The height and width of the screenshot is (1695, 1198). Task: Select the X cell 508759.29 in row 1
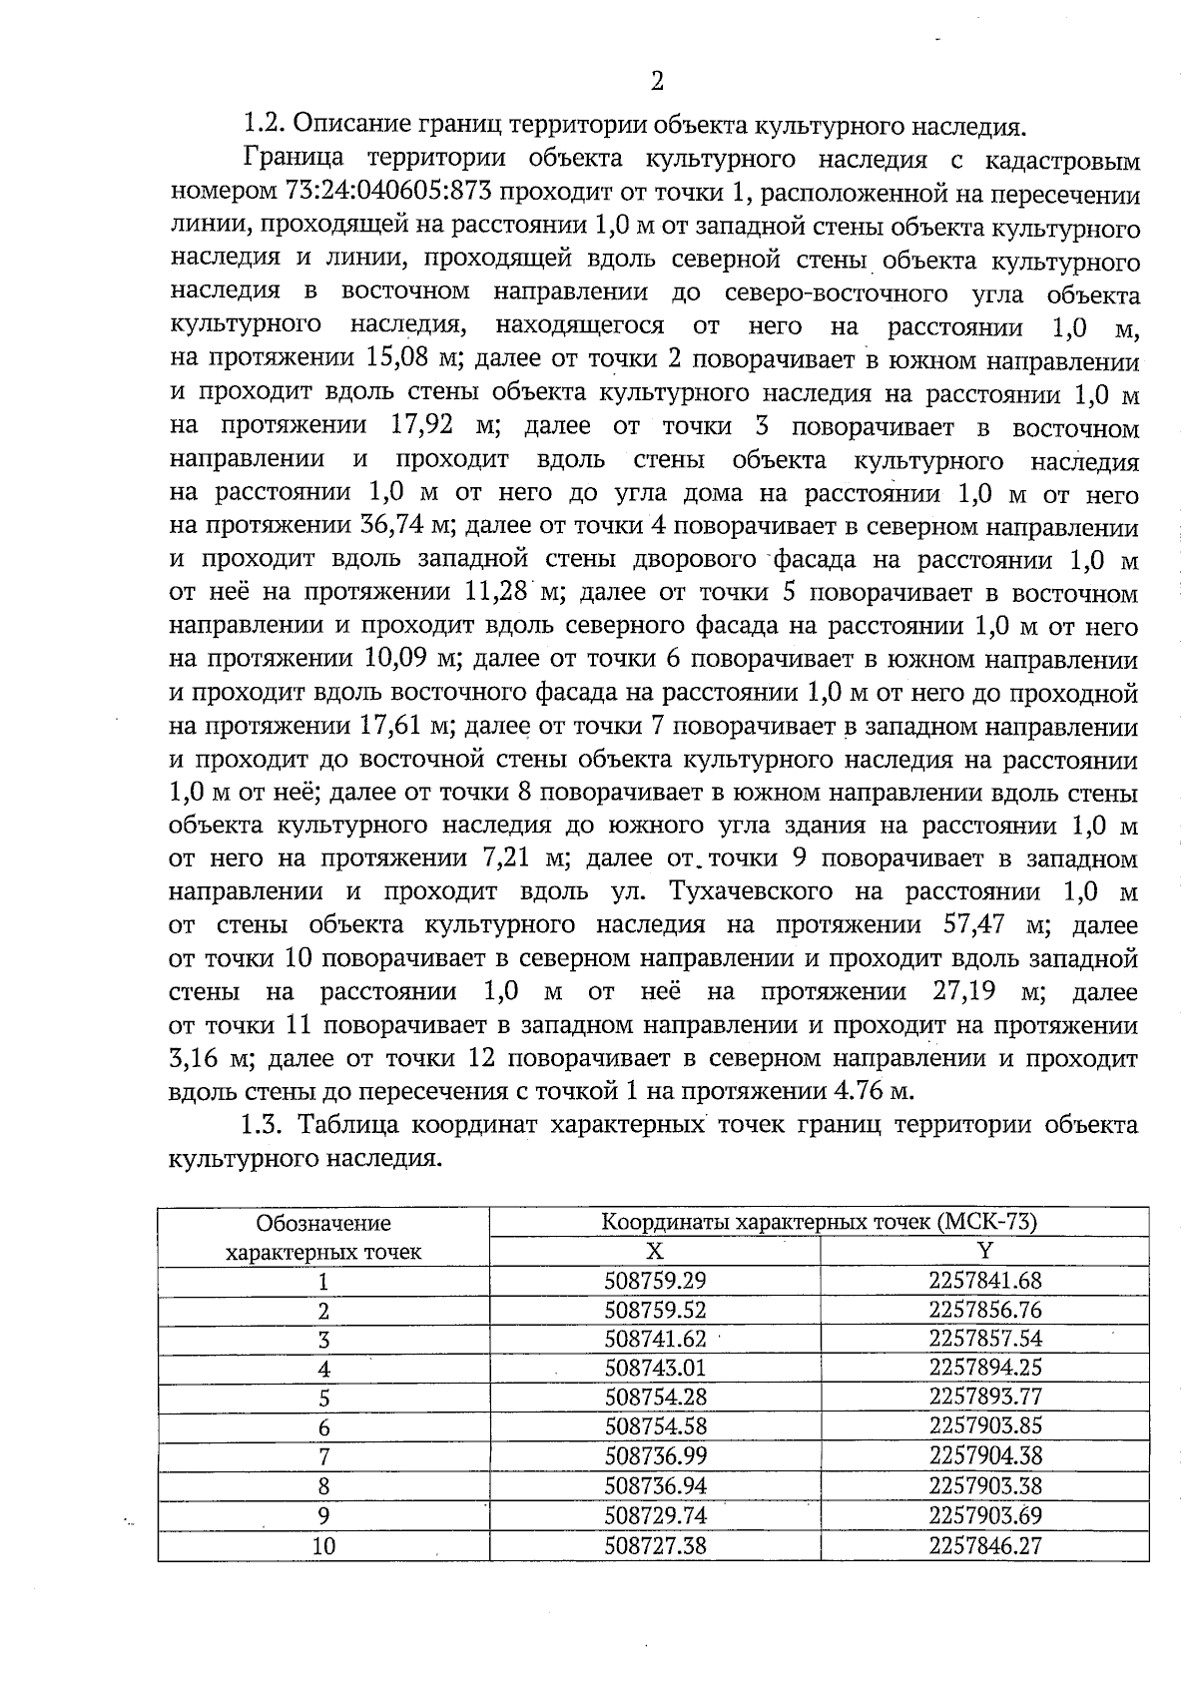click(x=655, y=1281)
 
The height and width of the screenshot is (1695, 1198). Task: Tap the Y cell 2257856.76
click(x=984, y=1310)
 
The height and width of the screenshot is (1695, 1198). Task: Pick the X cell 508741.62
click(x=655, y=1339)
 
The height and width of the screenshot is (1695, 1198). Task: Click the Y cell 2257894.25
click(x=984, y=1368)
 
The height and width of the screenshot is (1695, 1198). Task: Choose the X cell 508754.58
click(x=655, y=1426)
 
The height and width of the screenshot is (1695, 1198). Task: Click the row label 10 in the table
click(x=323, y=1546)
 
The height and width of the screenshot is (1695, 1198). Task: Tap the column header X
click(x=655, y=1251)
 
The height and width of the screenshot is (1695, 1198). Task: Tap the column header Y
click(x=984, y=1251)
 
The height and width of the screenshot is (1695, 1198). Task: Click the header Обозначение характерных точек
click(x=323, y=1237)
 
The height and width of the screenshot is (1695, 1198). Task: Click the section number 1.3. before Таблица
click(x=264, y=1125)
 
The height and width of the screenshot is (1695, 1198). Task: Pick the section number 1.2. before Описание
click(x=264, y=127)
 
